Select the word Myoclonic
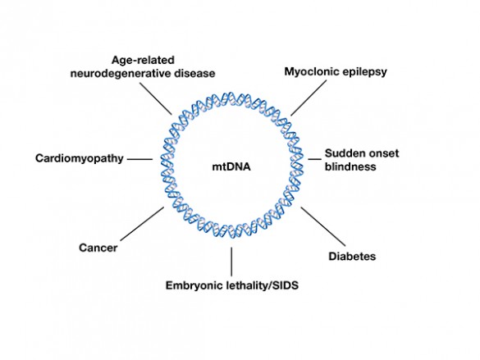click(311, 72)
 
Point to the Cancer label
click(98, 247)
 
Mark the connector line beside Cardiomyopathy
click(139, 158)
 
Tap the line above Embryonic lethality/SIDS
click(231, 262)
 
